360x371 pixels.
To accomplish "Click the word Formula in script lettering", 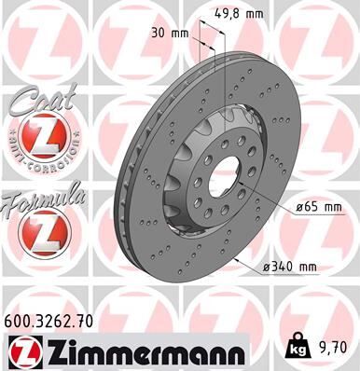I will pyautogui.click(x=43, y=198).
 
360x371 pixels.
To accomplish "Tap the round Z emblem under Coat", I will pyautogui.click(x=36, y=141).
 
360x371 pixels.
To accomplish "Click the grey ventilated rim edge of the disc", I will pyautogui.click(x=154, y=186).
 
